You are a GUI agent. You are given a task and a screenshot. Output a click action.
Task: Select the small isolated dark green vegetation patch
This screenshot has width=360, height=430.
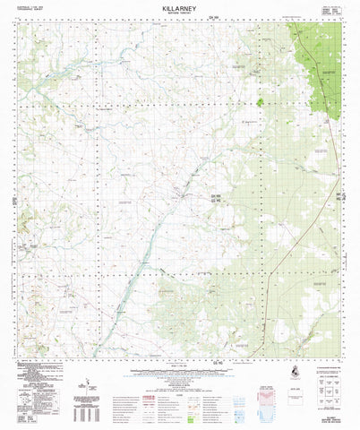click(x=261, y=102)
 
